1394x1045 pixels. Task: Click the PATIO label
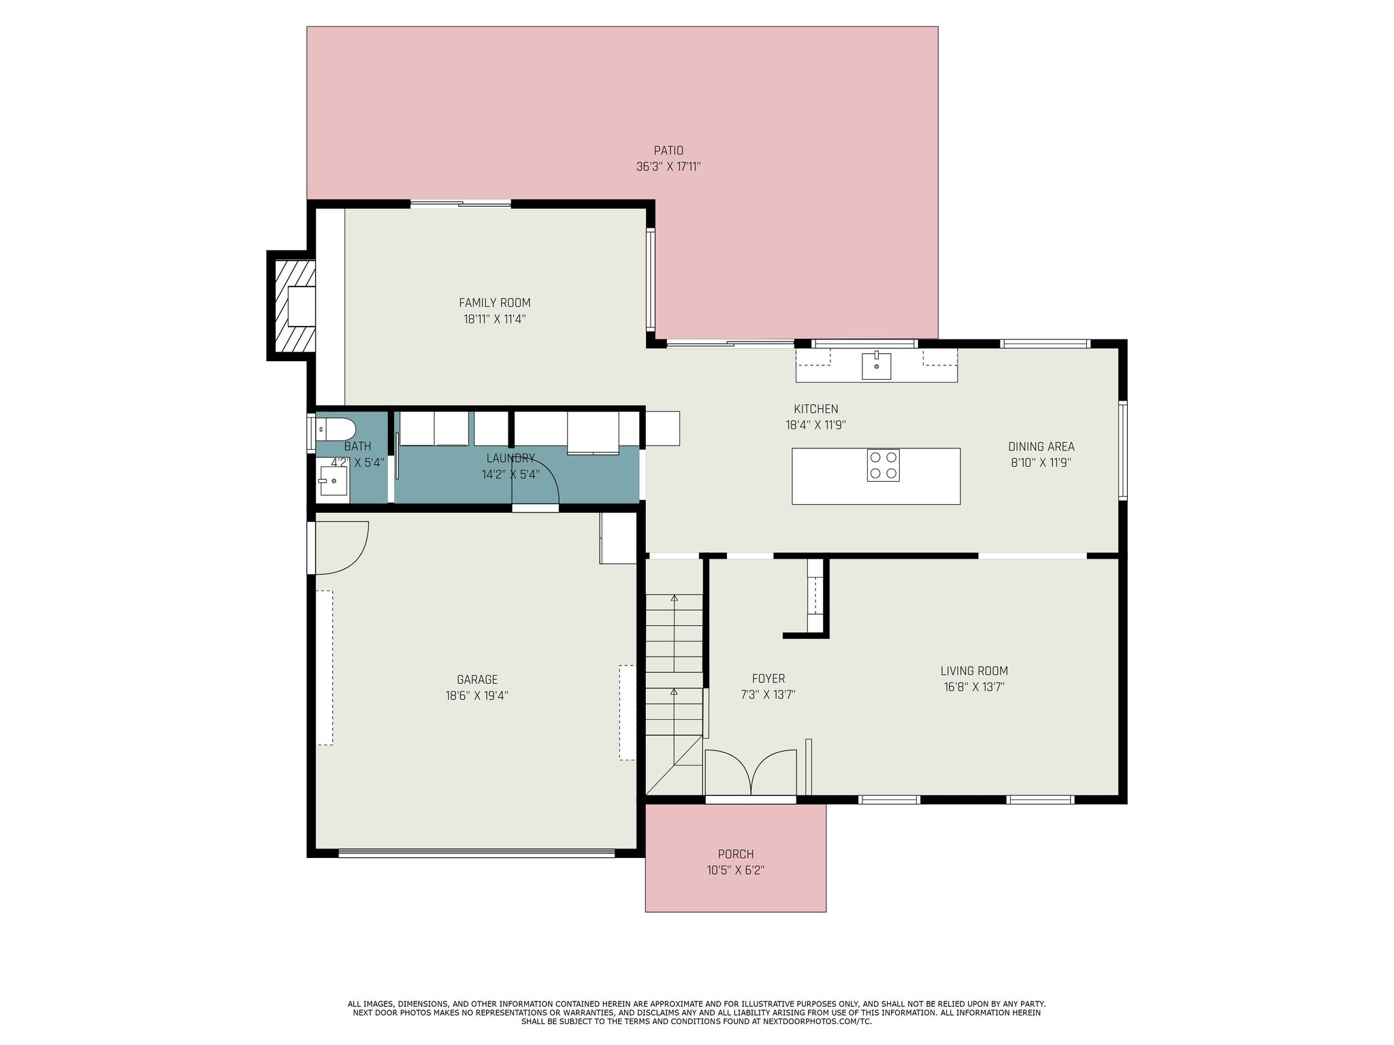point(668,150)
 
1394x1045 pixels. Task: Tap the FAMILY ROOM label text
point(494,303)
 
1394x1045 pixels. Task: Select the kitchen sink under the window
point(876,365)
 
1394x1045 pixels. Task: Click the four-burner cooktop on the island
point(883,465)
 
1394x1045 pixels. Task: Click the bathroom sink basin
point(333,481)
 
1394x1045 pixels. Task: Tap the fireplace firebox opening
point(302,305)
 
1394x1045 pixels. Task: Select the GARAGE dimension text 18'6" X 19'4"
point(476,695)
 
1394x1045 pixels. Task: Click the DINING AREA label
point(1041,446)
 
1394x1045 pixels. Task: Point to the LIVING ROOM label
point(973,671)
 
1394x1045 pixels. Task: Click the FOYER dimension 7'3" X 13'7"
point(768,695)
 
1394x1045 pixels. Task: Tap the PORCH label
point(735,854)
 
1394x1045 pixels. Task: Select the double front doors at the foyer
point(751,774)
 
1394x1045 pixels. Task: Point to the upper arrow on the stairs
point(674,599)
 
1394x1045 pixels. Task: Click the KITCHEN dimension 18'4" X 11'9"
point(815,425)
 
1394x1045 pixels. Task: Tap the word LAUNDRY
point(510,458)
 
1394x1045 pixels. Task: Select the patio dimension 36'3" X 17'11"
point(668,167)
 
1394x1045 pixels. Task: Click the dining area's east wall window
point(1123,450)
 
